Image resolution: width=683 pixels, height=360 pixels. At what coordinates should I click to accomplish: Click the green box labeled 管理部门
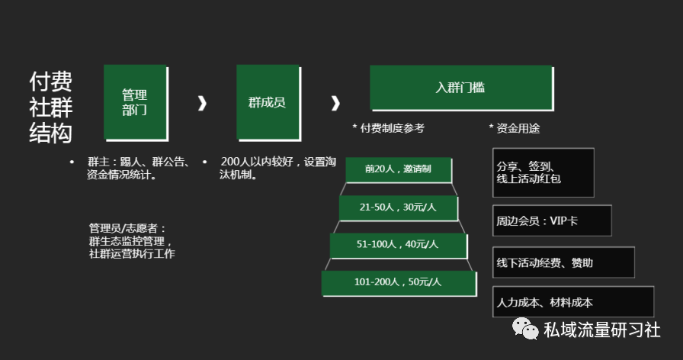[x=135, y=102]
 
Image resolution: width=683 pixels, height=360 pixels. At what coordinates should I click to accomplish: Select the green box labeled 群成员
[x=267, y=102]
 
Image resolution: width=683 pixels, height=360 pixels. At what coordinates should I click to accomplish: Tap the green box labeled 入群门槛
[x=460, y=88]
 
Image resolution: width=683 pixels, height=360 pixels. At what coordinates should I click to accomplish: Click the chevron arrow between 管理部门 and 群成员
[x=202, y=103]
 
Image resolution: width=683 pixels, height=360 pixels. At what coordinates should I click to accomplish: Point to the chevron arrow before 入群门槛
[x=335, y=103]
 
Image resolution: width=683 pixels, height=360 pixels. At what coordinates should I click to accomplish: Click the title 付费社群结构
[x=51, y=108]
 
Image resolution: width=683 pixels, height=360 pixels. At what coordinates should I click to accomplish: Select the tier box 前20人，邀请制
[x=398, y=169]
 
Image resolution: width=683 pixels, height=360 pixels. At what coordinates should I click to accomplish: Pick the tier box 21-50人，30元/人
[x=398, y=207]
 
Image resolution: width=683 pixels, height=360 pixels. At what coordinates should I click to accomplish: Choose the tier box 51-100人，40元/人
[x=398, y=245]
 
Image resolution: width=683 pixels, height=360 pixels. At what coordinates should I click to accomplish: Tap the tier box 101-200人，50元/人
[x=398, y=282]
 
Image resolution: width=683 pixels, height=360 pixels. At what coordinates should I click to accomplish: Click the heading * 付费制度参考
[x=388, y=128]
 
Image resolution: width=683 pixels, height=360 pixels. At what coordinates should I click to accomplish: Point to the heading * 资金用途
[x=514, y=128]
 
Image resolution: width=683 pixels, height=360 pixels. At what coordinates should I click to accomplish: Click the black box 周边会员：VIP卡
[x=552, y=220]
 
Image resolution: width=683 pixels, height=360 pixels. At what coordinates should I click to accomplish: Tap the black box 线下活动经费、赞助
[x=563, y=262]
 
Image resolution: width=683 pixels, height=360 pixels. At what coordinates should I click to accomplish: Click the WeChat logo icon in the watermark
[x=525, y=329]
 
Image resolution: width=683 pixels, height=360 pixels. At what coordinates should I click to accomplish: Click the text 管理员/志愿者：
[x=127, y=228]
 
